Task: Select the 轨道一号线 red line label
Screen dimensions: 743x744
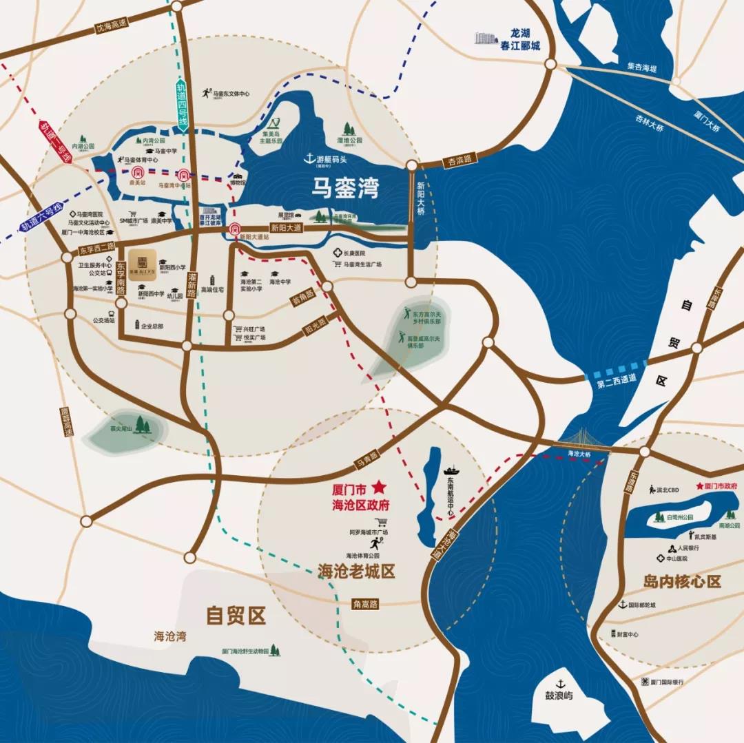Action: [x=55, y=142]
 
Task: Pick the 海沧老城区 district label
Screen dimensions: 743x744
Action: [x=356, y=571]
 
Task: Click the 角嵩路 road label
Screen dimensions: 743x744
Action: [x=365, y=603]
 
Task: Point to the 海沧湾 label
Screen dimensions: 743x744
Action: [x=169, y=636]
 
